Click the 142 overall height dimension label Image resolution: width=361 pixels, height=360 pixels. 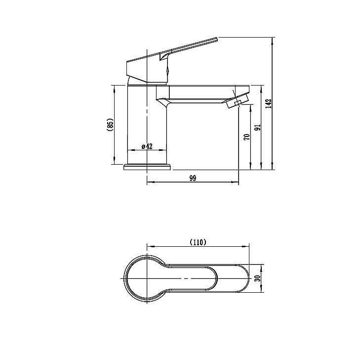269,103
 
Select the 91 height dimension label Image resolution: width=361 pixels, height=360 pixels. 258,128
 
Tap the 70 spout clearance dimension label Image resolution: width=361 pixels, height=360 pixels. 246,137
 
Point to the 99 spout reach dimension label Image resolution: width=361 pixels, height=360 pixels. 193,178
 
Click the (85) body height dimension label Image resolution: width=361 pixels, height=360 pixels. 110,125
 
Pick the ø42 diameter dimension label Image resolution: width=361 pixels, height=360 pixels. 147,146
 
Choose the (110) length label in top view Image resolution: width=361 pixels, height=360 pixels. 198,242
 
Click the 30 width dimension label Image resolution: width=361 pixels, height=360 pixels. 258,278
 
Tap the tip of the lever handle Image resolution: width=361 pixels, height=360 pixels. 217,39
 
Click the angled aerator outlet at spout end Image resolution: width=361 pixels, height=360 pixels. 237,100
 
